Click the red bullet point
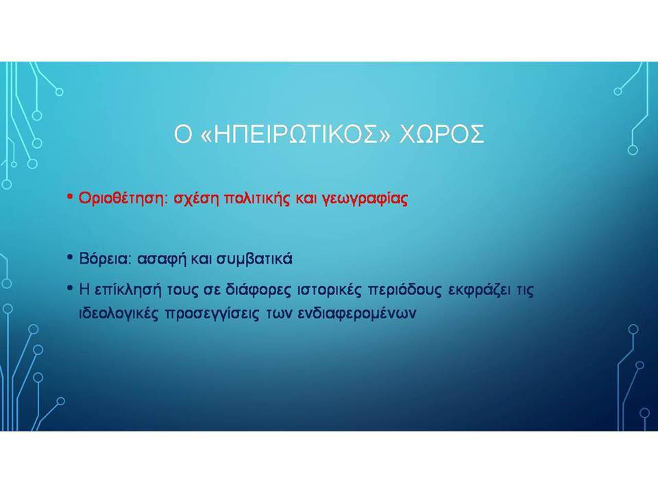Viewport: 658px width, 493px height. pos(70,197)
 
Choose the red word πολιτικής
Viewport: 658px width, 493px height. pos(257,199)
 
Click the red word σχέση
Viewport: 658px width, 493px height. pos(196,199)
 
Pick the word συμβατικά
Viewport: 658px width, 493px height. pos(254,260)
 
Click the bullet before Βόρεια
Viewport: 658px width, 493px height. pos(70,257)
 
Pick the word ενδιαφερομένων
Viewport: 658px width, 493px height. pos(356,314)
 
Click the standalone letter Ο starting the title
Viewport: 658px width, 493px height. pos(183,134)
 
